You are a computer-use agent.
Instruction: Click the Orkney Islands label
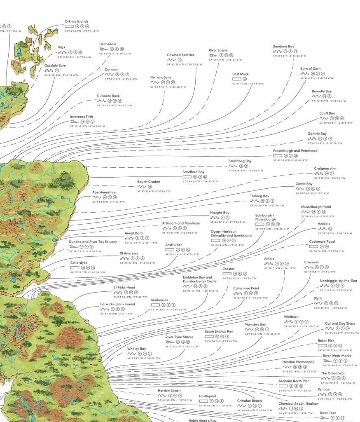click(x=76, y=21)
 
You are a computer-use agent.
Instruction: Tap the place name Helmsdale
click(x=108, y=44)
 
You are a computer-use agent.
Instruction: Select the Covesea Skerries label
click(x=180, y=55)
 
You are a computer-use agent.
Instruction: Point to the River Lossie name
click(x=218, y=50)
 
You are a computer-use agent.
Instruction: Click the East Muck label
click(x=241, y=74)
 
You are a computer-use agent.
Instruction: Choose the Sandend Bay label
click(x=283, y=47)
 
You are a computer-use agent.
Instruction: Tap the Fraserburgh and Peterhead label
click(x=295, y=151)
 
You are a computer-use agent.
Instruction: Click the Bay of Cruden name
click(x=148, y=182)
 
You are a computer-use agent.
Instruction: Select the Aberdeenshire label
click(x=104, y=192)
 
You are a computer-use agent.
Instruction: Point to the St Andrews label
click(x=129, y=253)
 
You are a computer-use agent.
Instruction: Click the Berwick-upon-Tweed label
click(x=117, y=304)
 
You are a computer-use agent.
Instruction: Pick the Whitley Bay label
click(x=136, y=349)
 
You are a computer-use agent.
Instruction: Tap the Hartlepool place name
click(x=208, y=396)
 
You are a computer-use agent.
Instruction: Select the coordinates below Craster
click(x=239, y=278)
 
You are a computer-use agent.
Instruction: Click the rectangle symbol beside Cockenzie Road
click(x=313, y=246)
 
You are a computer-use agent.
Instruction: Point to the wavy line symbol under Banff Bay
click(x=324, y=118)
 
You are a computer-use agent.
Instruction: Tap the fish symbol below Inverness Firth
click(x=74, y=122)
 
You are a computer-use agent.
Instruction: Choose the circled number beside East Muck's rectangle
click(x=245, y=79)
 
